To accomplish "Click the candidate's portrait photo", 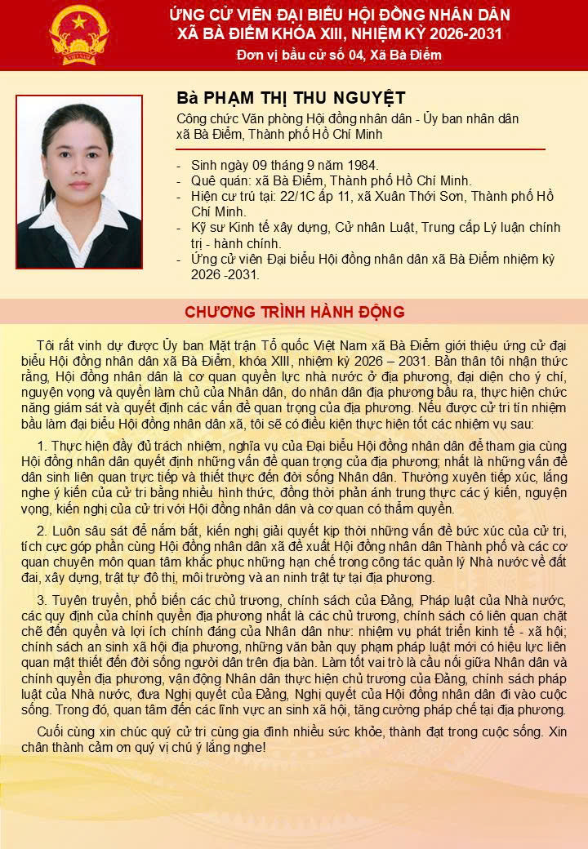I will tap(78, 182).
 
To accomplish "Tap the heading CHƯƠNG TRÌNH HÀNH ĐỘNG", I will tap(294, 313).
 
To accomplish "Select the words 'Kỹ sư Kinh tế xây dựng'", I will tap(261, 228).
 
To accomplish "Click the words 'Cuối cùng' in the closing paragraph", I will tap(65, 731).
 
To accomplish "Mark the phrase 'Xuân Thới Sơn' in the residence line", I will tap(432, 197).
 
